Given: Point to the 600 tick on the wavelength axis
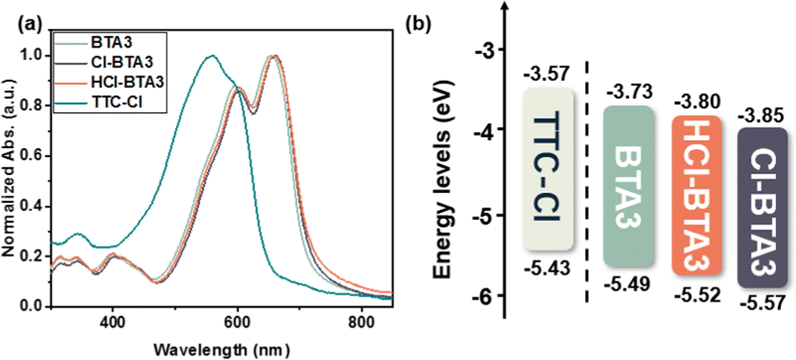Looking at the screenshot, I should [x=237, y=320].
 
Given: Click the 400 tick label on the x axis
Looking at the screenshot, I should [x=113, y=320].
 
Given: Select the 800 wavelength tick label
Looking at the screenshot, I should [x=361, y=320].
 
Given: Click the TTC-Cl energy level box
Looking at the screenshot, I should [x=548, y=169].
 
